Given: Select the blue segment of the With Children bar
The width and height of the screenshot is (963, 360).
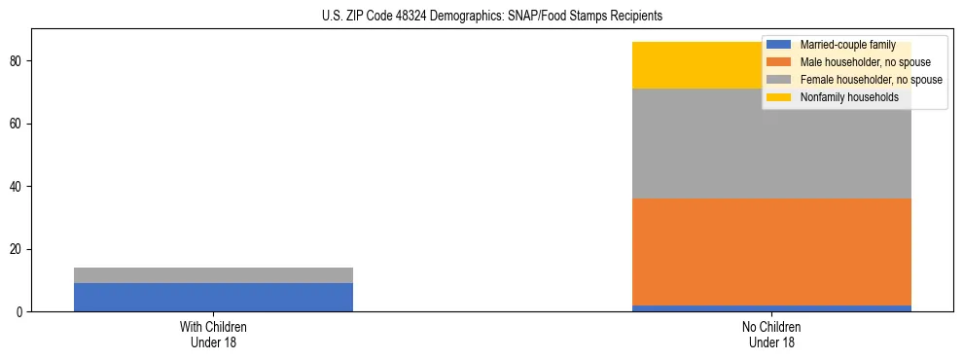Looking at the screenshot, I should pos(213,297).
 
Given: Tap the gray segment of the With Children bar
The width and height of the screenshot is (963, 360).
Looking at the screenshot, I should pos(213,275).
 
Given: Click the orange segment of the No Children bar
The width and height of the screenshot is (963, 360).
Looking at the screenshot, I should pos(771,252).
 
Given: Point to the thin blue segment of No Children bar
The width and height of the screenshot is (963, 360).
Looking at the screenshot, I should pos(771,308).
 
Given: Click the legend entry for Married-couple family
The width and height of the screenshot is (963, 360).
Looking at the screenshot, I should pos(841,45).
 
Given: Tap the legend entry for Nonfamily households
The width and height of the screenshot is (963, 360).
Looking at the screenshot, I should pos(841,97).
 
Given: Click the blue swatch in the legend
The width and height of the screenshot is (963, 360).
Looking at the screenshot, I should pos(780,45).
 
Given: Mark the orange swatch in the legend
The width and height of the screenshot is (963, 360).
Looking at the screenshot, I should pos(780,62).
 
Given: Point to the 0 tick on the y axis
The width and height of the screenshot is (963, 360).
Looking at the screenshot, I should pos(21,312).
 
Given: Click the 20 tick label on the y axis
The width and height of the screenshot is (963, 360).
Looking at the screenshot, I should pos(18,249).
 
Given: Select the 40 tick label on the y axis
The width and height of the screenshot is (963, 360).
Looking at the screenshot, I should pos(18,187).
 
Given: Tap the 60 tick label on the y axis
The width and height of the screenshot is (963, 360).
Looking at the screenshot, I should pos(18,124).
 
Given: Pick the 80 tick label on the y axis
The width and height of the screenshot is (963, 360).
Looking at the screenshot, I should pos(18,61).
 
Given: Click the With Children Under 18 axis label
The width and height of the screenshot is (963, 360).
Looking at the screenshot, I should pos(213,335).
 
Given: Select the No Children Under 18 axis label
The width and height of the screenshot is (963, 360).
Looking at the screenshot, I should pos(771,335).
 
